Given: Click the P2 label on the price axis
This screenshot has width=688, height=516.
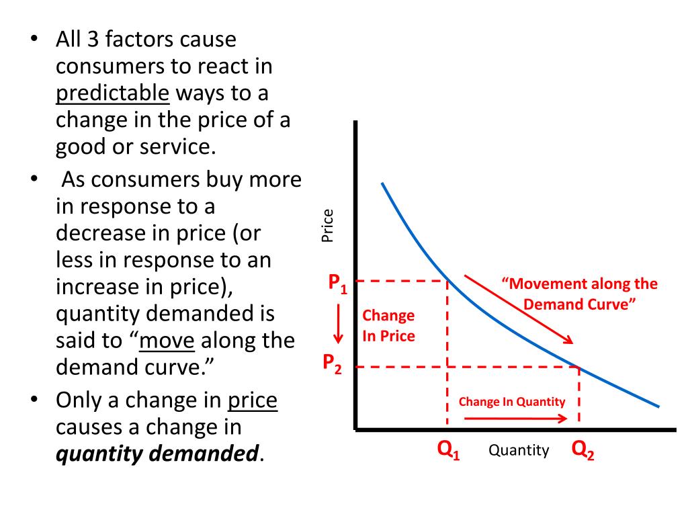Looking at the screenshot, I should pyautogui.click(x=332, y=364).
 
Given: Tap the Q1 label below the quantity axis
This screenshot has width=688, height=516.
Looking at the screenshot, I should pyautogui.click(x=448, y=450).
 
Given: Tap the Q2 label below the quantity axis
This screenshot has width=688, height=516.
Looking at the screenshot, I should pyautogui.click(x=583, y=450).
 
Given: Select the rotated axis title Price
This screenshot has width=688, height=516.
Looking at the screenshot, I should pyautogui.click(x=327, y=226).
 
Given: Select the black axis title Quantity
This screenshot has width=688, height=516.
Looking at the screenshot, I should pyautogui.click(x=518, y=450).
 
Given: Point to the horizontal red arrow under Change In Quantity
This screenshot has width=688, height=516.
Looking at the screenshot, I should pyautogui.click(x=515, y=418).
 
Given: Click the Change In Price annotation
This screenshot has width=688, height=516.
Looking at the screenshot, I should pyautogui.click(x=388, y=325).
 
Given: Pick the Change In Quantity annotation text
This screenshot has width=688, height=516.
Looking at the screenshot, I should pyautogui.click(x=512, y=402).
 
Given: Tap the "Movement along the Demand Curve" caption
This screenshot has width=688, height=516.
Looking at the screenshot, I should pyautogui.click(x=579, y=294).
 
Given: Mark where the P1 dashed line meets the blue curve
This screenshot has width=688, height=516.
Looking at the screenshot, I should pyautogui.click(x=448, y=281).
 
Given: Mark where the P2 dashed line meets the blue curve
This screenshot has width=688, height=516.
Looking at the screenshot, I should pyautogui.click(x=579, y=367).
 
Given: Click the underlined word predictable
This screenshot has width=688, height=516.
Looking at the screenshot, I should pyautogui.click(x=113, y=93).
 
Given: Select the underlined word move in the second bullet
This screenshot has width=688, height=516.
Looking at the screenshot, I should pyautogui.click(x=167, y=341).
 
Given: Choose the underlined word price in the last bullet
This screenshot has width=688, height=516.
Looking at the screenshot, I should pyautogui.click(x=253, y=401).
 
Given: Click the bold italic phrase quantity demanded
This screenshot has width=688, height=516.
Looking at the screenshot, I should pyautogui.click(x=157, y=455).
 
